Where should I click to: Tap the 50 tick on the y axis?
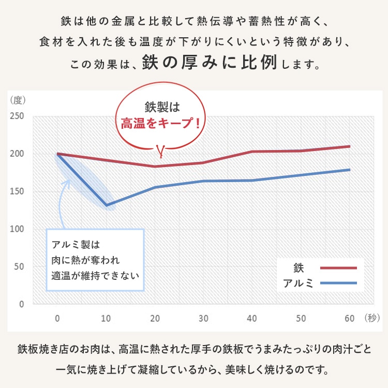click(19, 266)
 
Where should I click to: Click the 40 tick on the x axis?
click(252, 317)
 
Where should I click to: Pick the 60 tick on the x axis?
click(350, 317)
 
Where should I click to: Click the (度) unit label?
click(18, 99)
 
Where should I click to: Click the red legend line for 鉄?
click(338, 268)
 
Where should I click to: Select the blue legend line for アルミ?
click(338, 283)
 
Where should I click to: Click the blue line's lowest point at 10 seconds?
click(107, 205)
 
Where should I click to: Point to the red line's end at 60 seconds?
click(350, 146)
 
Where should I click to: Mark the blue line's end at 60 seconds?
click(350, 170)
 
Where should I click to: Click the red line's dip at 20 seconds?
click(155, 167)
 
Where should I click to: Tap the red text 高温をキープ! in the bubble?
click(160, 124)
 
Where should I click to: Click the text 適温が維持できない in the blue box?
click(95, 275)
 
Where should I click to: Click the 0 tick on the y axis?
click(21, 304)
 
